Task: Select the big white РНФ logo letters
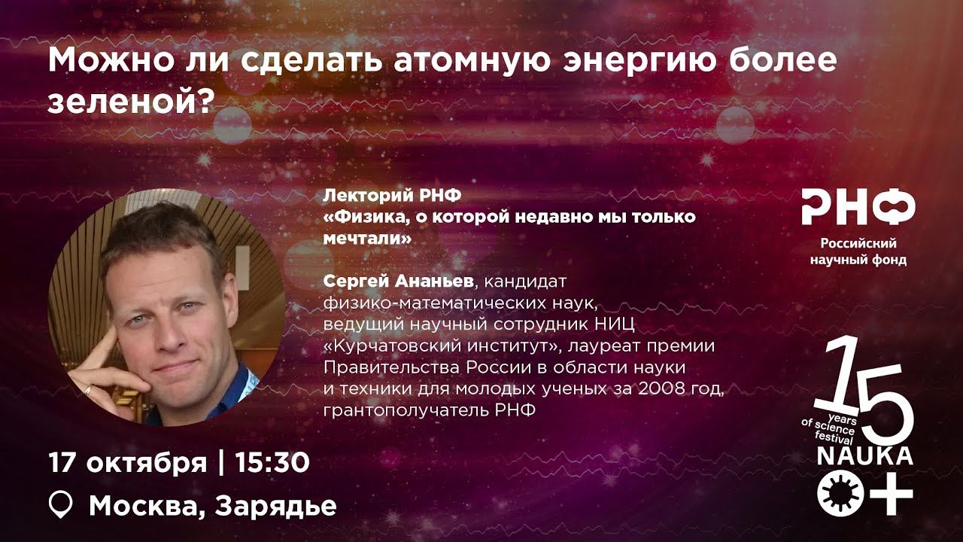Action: pos(858,207)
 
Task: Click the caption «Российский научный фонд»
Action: pos(858,252)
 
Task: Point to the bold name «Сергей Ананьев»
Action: pos(398,282)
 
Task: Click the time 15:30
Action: pos(272,463)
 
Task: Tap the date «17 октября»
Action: pos(127,463)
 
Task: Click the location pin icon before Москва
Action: pos(61,505)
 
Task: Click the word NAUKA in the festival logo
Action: pos(865,456)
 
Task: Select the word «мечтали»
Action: pos(368,238)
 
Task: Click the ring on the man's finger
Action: pos(88,390)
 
